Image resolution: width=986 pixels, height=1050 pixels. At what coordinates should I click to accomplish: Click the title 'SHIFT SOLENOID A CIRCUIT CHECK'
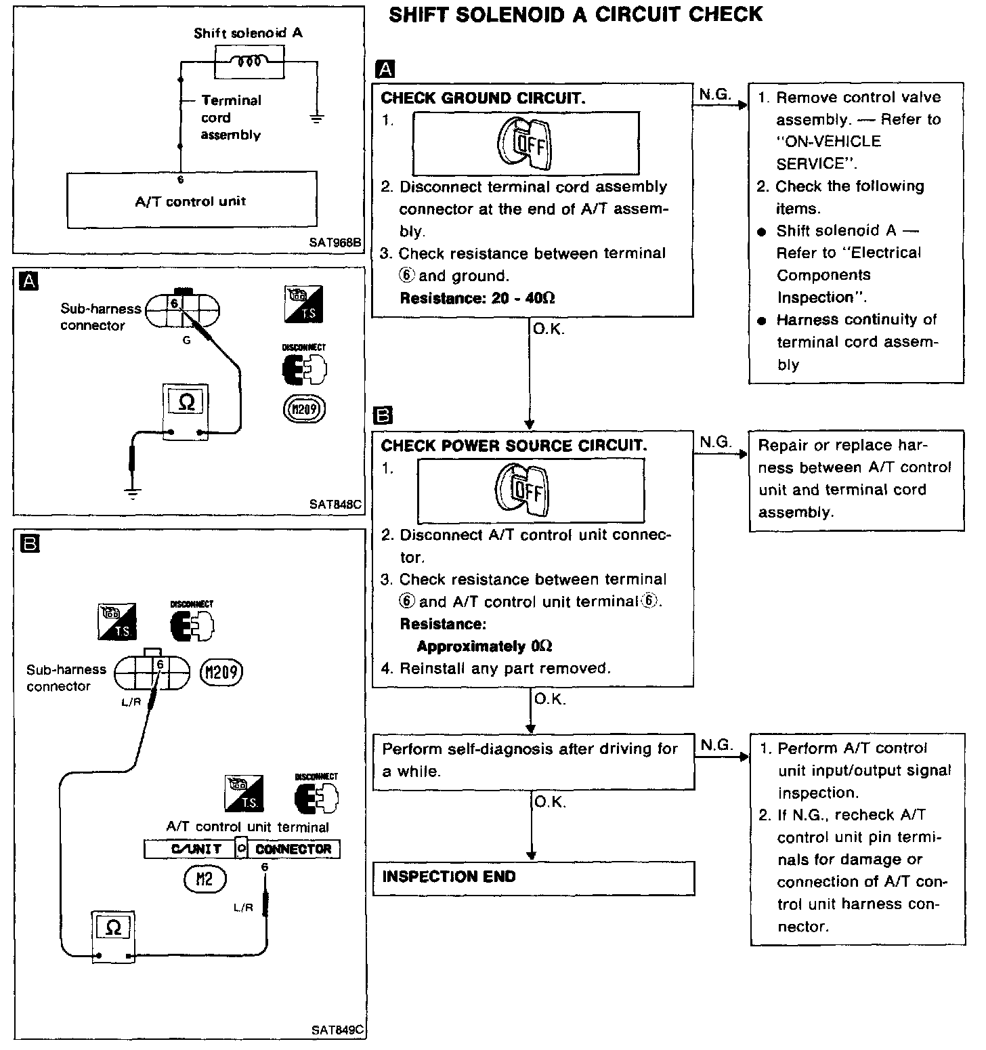pyautogui.click(x=576, y=15)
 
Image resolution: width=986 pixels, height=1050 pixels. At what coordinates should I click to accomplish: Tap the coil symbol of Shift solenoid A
pyautogui.click(x=249, y=62)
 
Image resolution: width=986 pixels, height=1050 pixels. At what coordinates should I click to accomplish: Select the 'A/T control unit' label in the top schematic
pyautogui.click(x=190, y=201)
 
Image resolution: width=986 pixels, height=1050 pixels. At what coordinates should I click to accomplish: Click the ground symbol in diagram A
pyautogui.click(x=133, y=492)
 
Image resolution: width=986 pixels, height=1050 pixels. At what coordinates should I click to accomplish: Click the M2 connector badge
pyautogui.click(x=204, y=879)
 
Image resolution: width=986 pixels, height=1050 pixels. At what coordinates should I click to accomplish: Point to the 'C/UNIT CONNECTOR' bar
pyautogui.click(x=242, y=849)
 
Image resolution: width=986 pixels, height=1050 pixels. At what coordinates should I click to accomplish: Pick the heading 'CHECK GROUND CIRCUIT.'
pyautogui.click(x=483, y=98)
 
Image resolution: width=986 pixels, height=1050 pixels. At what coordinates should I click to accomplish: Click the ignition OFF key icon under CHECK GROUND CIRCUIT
pyautogui.click(x=525, y=143)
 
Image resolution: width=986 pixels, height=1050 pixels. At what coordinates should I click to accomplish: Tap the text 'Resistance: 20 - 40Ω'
pyautogui.click(x=477, y=298)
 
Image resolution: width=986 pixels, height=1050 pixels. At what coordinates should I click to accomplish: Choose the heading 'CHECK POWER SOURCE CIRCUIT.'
pyautogui.click(x=514, y=446)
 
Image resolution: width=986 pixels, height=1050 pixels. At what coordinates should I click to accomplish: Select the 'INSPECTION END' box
pyautogui.click(x=534, y=878)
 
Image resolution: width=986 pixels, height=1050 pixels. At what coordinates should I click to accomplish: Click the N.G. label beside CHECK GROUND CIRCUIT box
pyautogui.click(x=715, y=95)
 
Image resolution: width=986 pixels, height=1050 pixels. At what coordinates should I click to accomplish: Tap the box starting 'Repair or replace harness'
pyautogui.click(x=856, y=479)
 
